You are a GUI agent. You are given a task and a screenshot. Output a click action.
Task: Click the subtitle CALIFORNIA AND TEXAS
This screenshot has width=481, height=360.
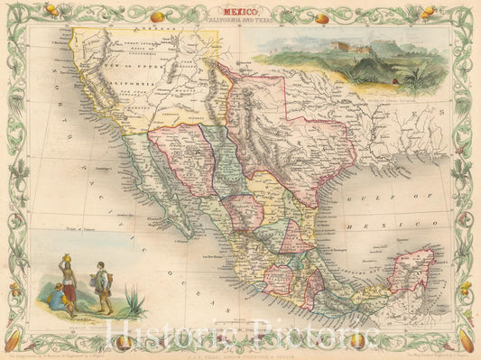[x=240, y=24]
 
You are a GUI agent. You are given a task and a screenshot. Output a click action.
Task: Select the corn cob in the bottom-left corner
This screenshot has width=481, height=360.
[x=13, y=342]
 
